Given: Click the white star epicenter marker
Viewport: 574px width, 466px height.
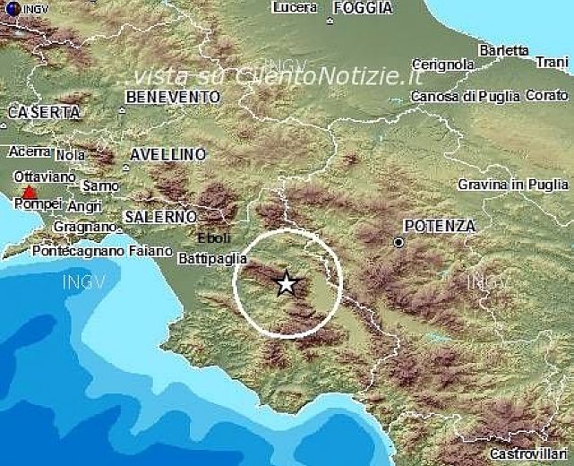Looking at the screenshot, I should click(x=287, y=284).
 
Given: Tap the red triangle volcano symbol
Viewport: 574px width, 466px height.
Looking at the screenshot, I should click(x=30, y=192).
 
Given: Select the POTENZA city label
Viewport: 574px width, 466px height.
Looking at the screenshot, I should click(x=439, y=226).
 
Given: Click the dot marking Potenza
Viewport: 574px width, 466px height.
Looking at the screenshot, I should click(x=398, y=242).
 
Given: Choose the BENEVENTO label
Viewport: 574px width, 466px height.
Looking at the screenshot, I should click(x=173, y=96).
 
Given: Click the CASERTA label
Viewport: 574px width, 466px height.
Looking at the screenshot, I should click(x=42, y=113).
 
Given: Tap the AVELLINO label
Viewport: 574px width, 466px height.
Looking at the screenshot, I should click(x=167, y=154).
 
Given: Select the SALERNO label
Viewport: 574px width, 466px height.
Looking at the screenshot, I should click(x=160, y=217).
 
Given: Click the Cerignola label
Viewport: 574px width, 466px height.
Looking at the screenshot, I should click(x=443, y=65).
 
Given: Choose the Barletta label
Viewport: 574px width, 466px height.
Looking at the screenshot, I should click(x=503, y=51).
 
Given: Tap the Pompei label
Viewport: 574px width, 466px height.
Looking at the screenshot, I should click(x=34, y=204).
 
